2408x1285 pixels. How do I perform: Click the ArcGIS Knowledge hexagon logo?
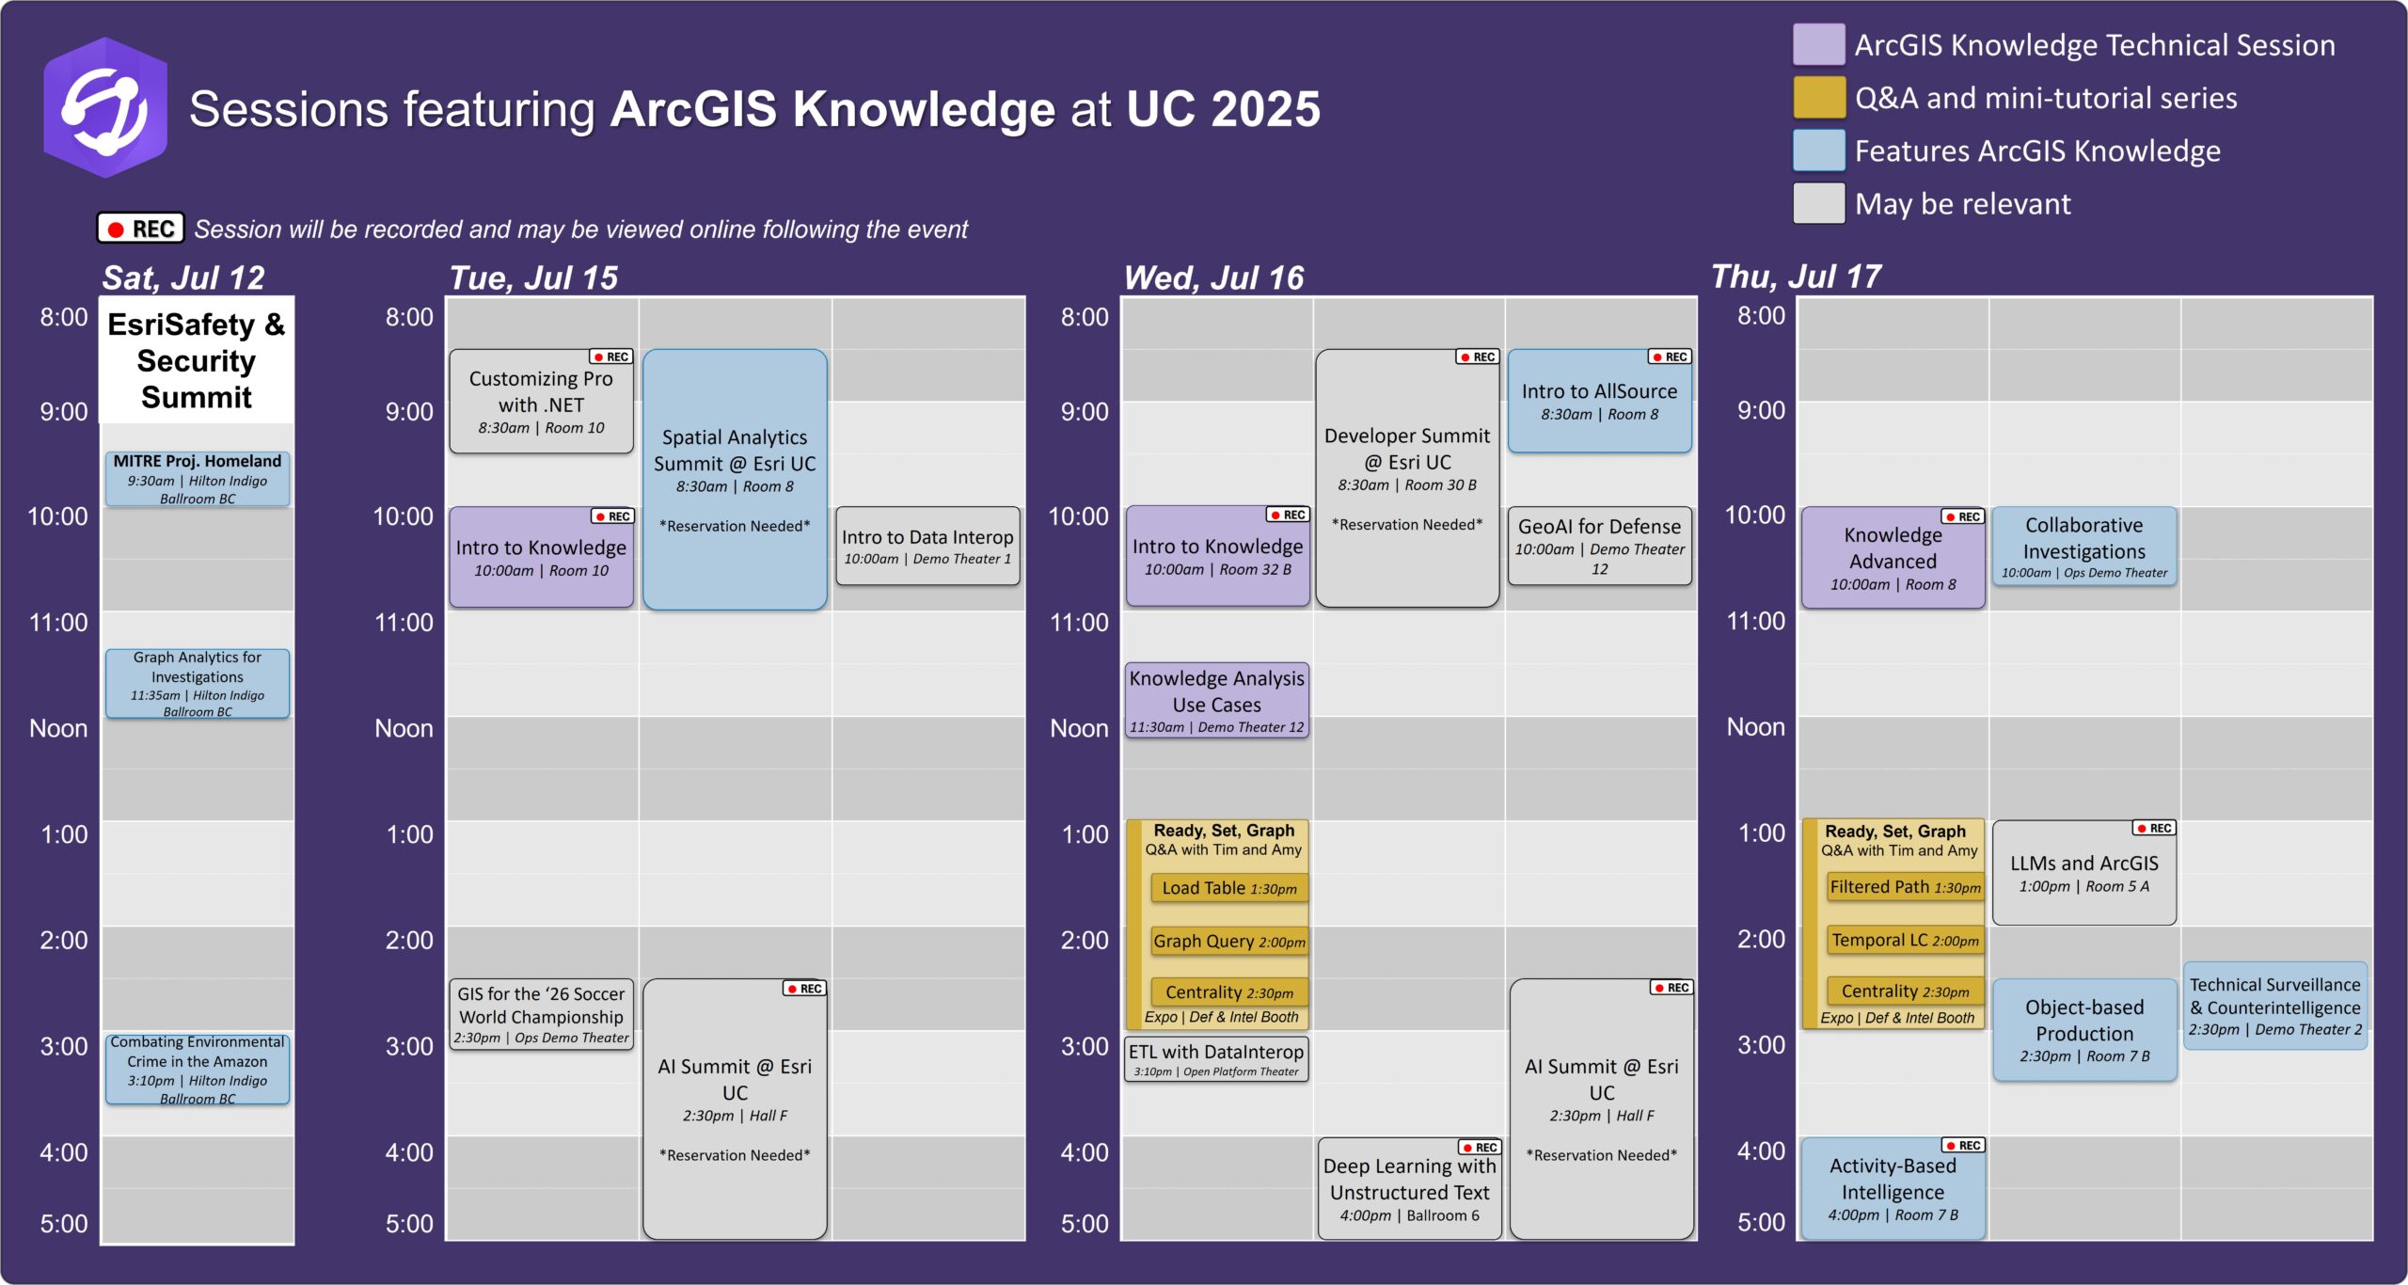[x=105, y=107]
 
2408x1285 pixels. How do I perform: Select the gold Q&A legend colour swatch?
[x=1817, y=98]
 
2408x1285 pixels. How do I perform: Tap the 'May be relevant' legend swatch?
[x=1817, y=203]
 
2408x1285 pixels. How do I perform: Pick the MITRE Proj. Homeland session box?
[x=198, y=479]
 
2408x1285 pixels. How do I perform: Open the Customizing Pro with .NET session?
[x=541, y=403]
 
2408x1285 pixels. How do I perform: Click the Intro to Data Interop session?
[x=927, y=547]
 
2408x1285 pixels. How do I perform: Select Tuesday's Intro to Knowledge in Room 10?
[x=541, y=558]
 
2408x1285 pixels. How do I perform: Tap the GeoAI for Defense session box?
[x=1599, y=547]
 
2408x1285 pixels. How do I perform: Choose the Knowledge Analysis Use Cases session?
[x=1217, y=700]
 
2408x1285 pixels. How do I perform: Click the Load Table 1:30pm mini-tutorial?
[x=1228, y=888]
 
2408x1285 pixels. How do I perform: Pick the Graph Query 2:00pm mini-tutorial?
[x=1228, y=941]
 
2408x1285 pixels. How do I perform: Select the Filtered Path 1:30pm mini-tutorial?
[x=1905, y=887]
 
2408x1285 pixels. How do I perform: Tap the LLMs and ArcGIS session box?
[x=2083, y=873]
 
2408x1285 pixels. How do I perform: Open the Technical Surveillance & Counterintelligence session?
[x=2274, y=1006]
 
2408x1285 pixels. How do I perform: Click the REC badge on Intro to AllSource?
[x=1670, y=357]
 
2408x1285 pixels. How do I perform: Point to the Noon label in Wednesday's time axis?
[x=1079, y=728]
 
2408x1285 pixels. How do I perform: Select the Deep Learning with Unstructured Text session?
[x=1409, y=1190]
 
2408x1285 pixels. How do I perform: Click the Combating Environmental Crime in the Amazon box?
[x=198, y=1070]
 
